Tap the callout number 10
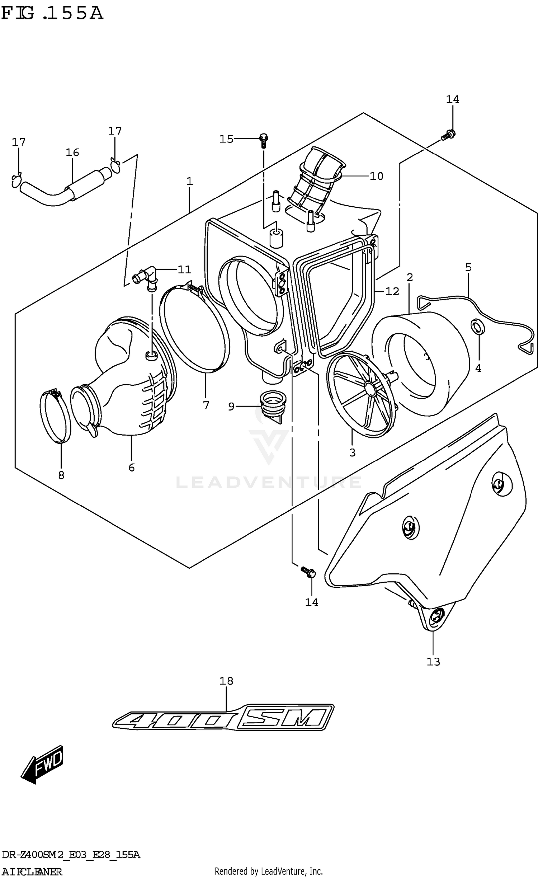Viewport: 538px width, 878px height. (x=376, y=176)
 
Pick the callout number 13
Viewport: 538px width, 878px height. (x=433, y=661)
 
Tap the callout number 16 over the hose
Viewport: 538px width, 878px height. (x=72, y=152)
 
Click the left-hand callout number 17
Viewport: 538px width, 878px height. (x=19, y=142)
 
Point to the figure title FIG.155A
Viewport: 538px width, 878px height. (x=52, y=14)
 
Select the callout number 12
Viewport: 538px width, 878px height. (x=392, y=291)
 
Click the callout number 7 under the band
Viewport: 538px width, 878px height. (x=206, y=405)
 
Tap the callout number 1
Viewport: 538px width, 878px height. (x=190, y=182)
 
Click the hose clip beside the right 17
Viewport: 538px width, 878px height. (x=116, y=165)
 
